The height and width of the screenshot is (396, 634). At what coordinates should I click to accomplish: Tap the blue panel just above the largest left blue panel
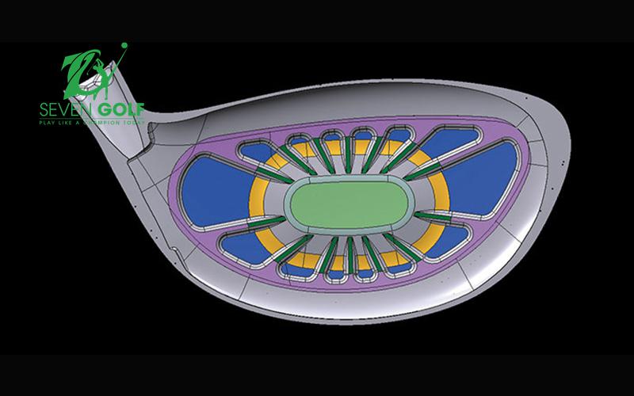tap(262, 150)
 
